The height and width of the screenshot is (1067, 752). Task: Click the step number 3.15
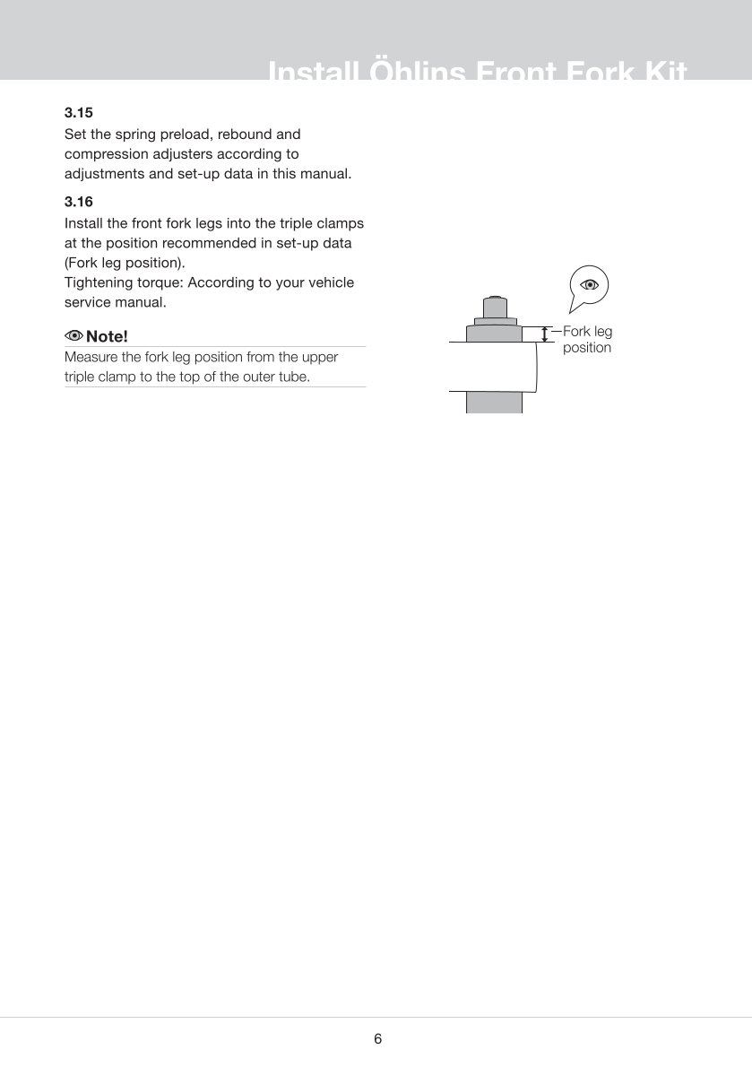coord(79,114)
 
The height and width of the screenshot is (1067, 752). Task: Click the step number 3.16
coord(79,203)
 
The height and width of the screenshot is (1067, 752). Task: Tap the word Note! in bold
coord(108,336)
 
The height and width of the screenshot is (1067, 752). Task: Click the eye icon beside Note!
coord(73,336)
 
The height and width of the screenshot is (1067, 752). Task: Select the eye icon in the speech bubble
coord(589,285)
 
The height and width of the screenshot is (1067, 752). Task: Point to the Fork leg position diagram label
coord(587,340)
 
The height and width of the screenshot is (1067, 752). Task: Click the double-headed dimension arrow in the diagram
coord(544,334)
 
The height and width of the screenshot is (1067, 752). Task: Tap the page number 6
coord(377,1039)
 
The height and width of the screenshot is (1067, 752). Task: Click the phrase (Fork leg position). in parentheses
coord(125,263)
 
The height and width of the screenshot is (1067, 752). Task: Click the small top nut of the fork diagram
coord(493,305)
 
